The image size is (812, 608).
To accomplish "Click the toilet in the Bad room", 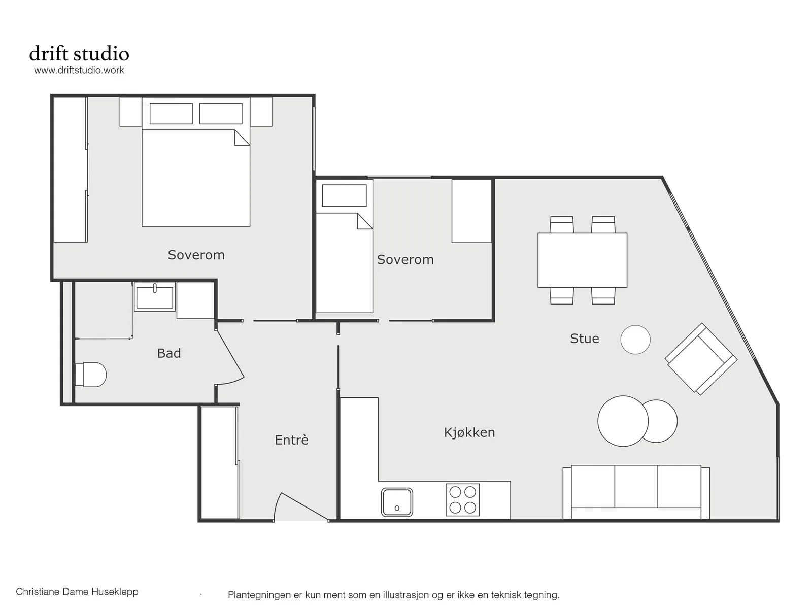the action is [x=91, y=374].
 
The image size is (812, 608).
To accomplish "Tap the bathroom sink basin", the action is [x=155, y=297].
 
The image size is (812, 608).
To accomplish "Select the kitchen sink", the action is [x=396, y=502].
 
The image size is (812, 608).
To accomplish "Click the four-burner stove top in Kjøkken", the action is [x=462, y=499].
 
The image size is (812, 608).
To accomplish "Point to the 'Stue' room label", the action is [x=584, y=339].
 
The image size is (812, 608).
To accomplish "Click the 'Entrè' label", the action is [x=291, y=440].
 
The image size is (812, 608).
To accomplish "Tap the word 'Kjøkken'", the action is [x=469, y=432].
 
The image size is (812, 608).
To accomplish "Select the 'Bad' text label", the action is [x=169, y=353].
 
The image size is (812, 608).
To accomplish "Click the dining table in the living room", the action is [x=582, y=260].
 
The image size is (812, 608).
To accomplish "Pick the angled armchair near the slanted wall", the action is [x=701, y=359].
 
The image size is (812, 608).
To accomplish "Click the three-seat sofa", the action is [x=636, y=492].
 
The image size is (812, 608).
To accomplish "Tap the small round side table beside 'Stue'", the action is [x=635, y=340].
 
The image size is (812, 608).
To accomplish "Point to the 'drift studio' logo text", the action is [x=79, y=53].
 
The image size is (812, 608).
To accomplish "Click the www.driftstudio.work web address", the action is [x=79, y=70].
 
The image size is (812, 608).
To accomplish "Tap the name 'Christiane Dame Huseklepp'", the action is [x=77, y=591].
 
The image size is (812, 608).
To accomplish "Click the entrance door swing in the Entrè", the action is [x=300, y=506].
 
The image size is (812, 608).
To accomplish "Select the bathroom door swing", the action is [x=230, y=355].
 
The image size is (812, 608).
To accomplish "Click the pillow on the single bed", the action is [x=344, y=195].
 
